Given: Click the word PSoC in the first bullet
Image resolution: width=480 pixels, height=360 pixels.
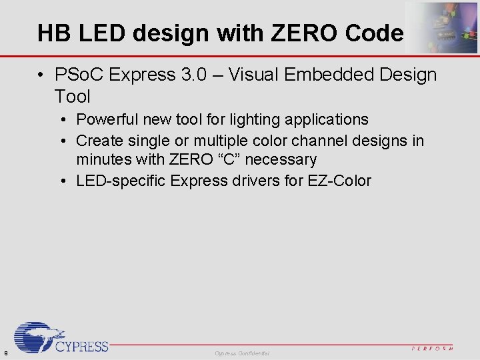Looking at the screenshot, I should [80, 74].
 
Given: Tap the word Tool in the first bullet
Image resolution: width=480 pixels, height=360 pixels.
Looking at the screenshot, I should [73, 97].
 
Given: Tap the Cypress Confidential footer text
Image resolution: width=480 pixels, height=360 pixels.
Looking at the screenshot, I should [242, 353].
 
